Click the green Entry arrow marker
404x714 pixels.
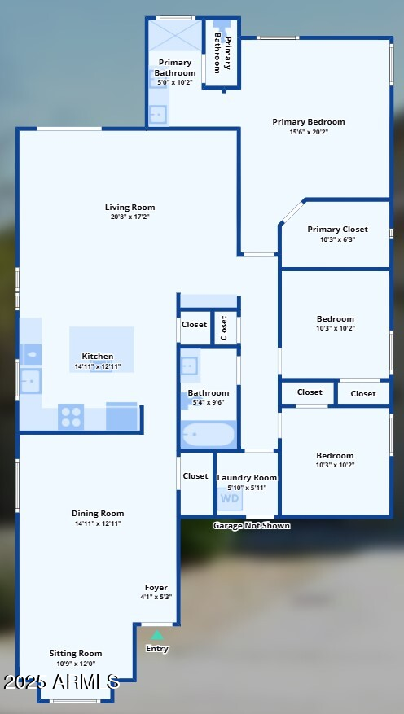pyautogui.click(x=157, y=636)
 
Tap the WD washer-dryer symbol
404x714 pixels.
pyautogui.click(x=231, y=498)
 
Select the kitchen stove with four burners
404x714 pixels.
pyautogui.click(x=71, y=416)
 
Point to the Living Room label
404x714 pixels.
pyautogui.click(x=130, y=207)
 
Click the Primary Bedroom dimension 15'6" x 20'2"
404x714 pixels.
pyautogui.click(x=308, y=132)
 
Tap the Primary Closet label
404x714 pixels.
pyautogui.click(x=337, y=230)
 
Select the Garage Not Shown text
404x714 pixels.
pyautogui.click(x=251, y=525)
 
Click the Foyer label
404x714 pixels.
pyautogui.click(x=156, y=588)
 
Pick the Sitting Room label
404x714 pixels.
pyautogui.click(x=76, y=653)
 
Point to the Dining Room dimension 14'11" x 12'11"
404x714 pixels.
pyautogui.click(x=98, y=523)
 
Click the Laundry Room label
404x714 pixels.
pyautogui.click(x=247, y=477)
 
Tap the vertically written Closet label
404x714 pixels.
pyautogui.click(x=224, y=327)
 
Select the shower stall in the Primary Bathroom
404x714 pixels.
pyautogui.click(x=174, y=35)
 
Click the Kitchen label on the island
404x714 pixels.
pyautogui.click(x=98, y=356)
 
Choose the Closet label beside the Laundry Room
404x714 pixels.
pyautogui.click(x=195, y=476)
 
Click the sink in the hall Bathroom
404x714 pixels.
pyautogui.click(x=189, y=366)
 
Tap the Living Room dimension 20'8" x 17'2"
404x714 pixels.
pyautogui.click(x=130, y=217)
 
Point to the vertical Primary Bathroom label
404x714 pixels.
pyautogui.click(x=222, y=54)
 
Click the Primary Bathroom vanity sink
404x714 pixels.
pyautogui.click(x=158, y=113)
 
